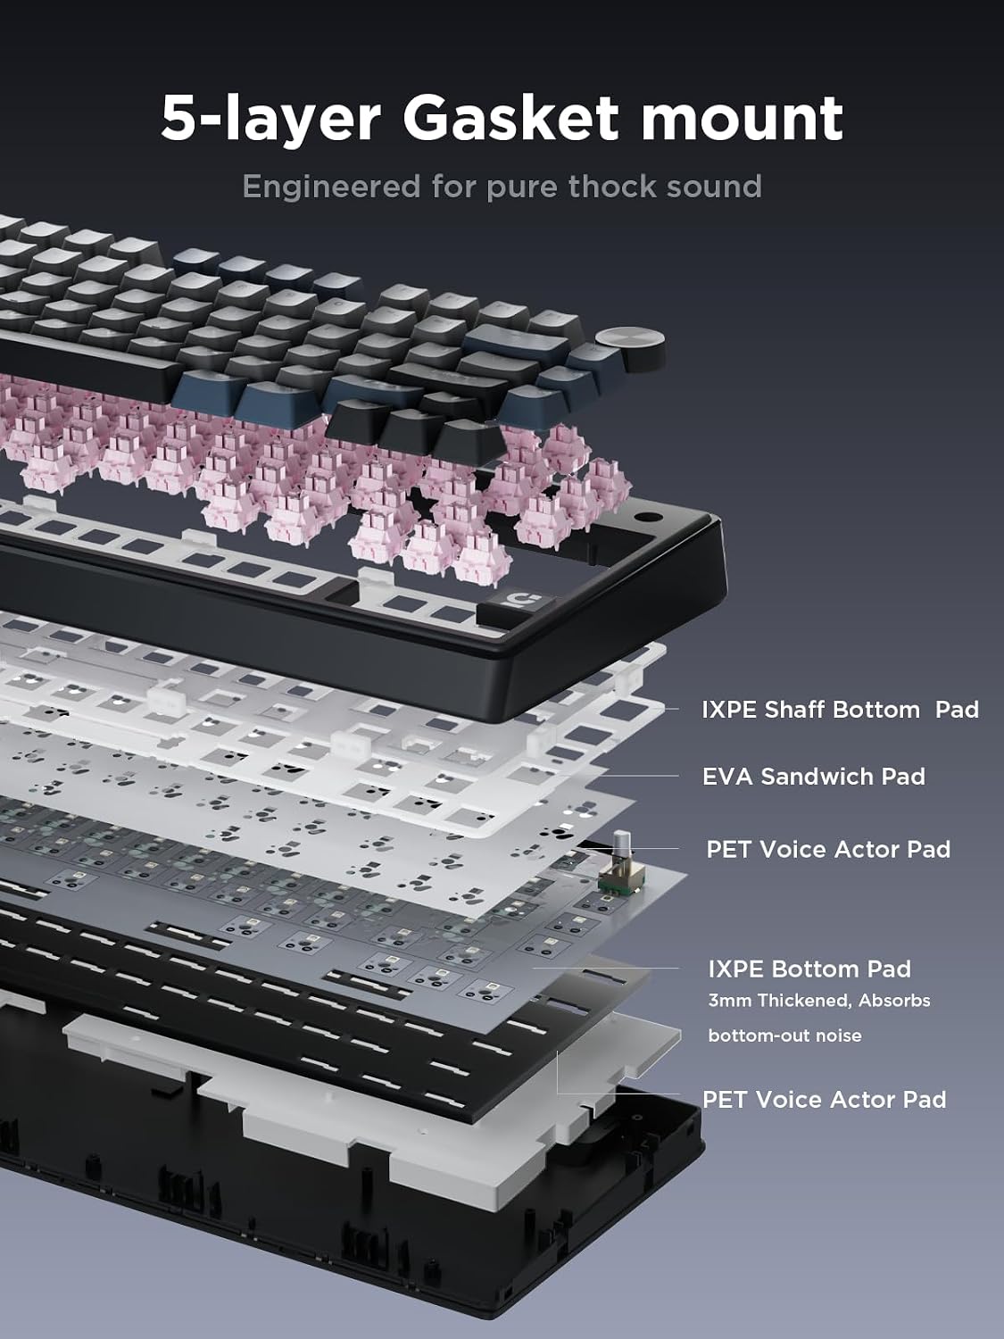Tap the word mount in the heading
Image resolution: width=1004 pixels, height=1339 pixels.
pyautogui.click(x=742, y=121)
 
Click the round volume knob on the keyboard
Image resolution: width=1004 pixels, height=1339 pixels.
pyautogui.click(x=630, y=348)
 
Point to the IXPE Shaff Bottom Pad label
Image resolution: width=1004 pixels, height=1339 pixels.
pyautogui.click(x=840, y=710)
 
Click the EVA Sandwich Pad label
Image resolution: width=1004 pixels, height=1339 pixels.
pyautogui.click(x=814, y=777)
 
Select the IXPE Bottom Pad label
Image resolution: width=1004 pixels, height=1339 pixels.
pyautogui.click(x=809, y=969)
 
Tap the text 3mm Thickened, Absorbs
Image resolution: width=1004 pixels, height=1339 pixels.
pyautogui.click(x=819, y=1001)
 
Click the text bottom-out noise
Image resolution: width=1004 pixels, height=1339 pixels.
pyautogui.click(x=784, y=1035)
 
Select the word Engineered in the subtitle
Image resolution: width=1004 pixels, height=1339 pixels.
pyautogui.click(x=332, y=187)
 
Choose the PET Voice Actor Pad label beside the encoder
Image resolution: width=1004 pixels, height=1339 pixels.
pyautogui.click(x=828, y=849)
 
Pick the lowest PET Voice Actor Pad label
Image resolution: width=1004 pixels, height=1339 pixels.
pyautogui.click(x=824, y=1099)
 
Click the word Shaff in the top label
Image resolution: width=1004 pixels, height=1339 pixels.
pyautogui.click(x=794, y=710)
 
